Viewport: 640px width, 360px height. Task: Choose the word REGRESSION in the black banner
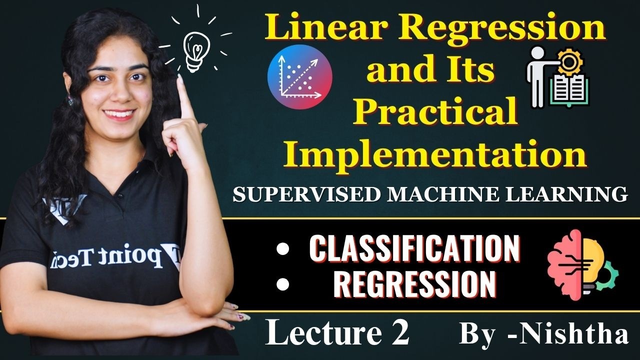pyautogui.click(x=414, y=283)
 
